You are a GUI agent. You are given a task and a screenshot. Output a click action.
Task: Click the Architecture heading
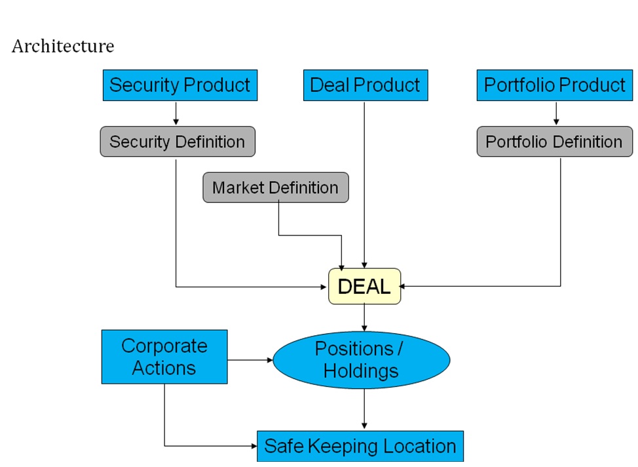(63, 47)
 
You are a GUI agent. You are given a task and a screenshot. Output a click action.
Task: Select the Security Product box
(179, 85)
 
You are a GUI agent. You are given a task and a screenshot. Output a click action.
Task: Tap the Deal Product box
(365, 85)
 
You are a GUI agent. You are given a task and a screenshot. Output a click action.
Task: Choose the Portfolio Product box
(554, 85)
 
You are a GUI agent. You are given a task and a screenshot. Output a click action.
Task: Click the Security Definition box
(177, 142)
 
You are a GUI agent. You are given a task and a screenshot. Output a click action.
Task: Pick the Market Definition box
(275, 188)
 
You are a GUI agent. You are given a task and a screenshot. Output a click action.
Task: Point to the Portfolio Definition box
(554, 142)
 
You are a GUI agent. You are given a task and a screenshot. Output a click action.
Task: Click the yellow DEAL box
(364, 286)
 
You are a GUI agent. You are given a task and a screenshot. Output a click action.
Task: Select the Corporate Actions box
(164, 357)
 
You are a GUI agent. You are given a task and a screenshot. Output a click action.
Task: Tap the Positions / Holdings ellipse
(361, 360)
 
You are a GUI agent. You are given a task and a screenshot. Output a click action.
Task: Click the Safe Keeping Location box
(360, 447)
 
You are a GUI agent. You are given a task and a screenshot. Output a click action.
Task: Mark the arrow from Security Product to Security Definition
(176, 113)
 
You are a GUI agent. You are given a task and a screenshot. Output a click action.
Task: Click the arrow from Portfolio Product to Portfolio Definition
(556, 113)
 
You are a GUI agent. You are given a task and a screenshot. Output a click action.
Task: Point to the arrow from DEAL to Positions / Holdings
(364, 317)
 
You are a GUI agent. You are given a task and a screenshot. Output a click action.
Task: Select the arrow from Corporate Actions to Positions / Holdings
(250, 360)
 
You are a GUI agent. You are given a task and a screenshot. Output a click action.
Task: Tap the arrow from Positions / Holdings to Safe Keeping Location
(364, 410)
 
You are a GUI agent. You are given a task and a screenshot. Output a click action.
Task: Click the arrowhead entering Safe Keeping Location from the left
(253, 447)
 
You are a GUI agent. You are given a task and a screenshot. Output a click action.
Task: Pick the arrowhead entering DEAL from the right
(404, 286)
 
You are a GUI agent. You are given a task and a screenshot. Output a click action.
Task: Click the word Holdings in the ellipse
(361, 371)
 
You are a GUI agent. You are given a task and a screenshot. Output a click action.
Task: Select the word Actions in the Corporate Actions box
(164, 368)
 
